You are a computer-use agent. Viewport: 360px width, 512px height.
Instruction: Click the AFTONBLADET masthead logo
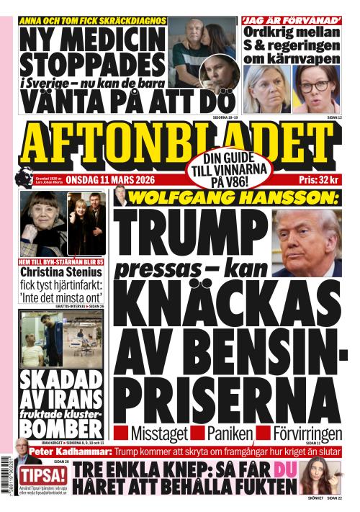180,144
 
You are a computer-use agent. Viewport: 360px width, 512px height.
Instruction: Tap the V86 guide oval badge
230,171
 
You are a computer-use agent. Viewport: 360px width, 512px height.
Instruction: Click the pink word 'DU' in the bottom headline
282,470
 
